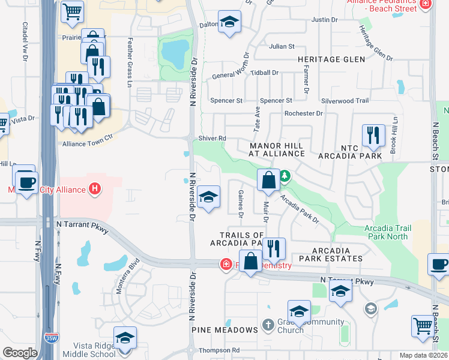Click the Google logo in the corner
coord(20,353)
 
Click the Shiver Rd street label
coord(212,138)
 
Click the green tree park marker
coord(285,176)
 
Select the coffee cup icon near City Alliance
coord(26,181)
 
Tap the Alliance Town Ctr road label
coord(88,143)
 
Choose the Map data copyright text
coord(424,355)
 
